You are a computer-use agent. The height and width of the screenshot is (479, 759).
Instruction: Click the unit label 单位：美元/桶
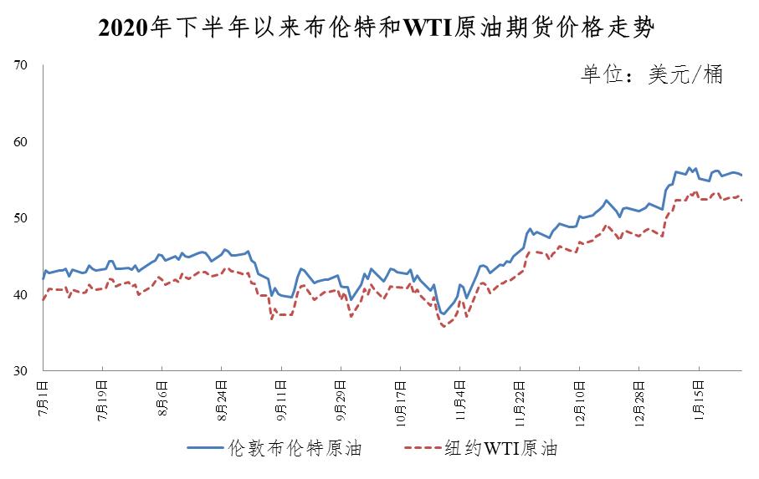[x=652, y=74]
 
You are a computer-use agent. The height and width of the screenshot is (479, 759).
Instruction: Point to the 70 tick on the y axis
[x=22, y=65]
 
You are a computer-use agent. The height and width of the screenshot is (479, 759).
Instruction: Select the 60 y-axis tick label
[x=22, y=142]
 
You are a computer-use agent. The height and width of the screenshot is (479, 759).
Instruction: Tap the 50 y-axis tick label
[x=22, y=218]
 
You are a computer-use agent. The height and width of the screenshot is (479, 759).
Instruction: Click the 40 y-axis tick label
[x=22, y=295]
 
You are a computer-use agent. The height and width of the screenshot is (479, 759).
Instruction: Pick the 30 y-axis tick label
[x=22, y=371]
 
